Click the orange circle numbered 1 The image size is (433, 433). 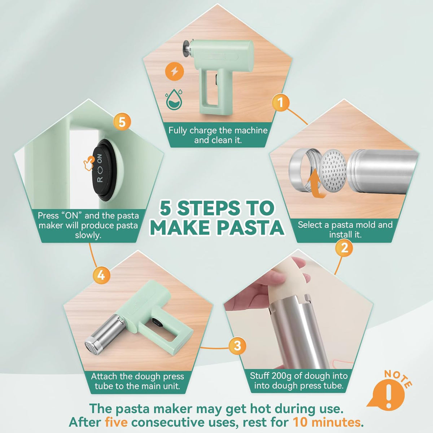pos(280,103)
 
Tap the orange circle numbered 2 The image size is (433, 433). pos(344,248)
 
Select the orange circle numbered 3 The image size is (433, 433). pos(237,345)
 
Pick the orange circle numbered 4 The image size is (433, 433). pos(101,275)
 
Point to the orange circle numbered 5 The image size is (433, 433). pos(122,122)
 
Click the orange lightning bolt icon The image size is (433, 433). pos(174,72)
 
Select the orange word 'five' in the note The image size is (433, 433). pos(116,422)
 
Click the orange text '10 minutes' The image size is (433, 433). pos(327,422)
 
